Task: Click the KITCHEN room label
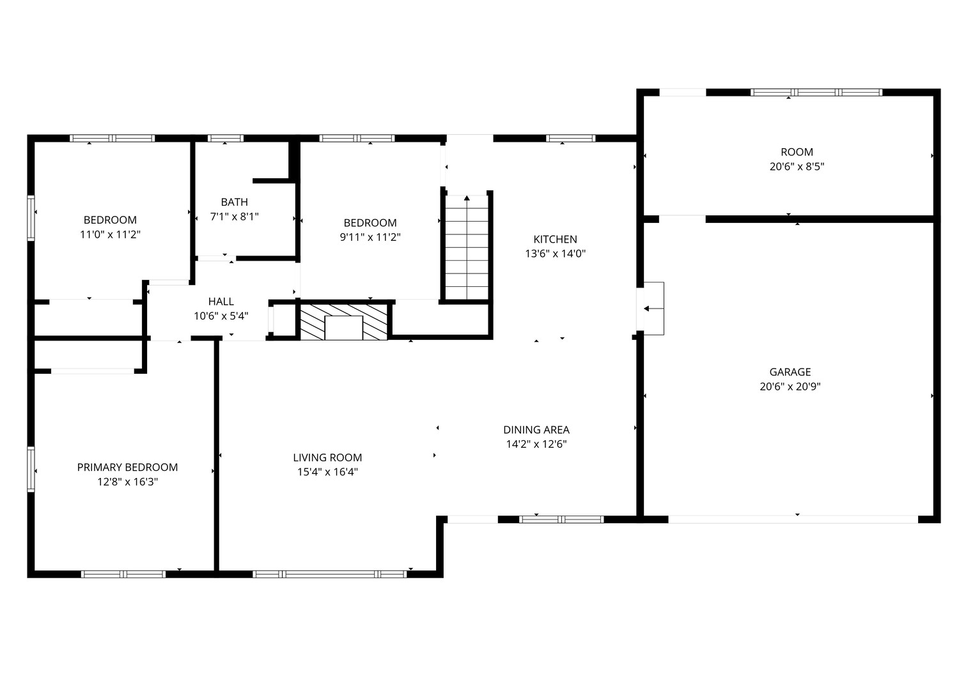[x=555, y=239]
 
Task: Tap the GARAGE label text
[x=790, y=372]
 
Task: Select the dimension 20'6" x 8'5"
[x=797, y=166]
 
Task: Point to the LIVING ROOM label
[x=327, y=457]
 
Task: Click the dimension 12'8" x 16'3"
[x=127, y=482]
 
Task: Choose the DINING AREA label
[x=536, y=429]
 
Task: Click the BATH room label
[x=234, y=202]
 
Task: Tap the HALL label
[x=221, y=302]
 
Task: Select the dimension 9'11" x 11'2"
[x=370, y=237]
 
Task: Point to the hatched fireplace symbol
[x=343, y=322]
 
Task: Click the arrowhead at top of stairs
[x=467, y=198]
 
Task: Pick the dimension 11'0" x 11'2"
[x=110, y=234]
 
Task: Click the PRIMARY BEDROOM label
[x=127, y=467]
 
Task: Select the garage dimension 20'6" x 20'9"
[x=790, y=387]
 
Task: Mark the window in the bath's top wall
[x=225, y=138]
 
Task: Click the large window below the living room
[x=330, y=574]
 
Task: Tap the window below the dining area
[x=561, y=519]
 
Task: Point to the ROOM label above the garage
[x=797, y=152]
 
